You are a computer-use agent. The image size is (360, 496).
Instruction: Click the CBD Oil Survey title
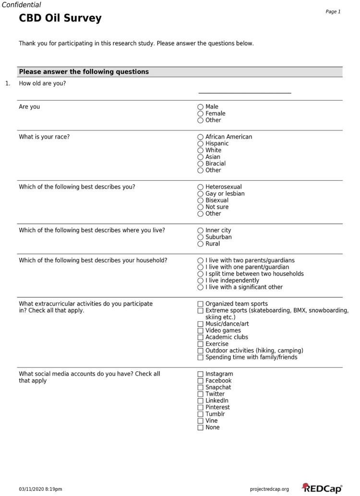coord(60,19)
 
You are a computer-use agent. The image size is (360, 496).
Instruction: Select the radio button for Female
coord(201,114)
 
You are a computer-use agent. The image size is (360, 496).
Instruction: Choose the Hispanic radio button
coord(201,143)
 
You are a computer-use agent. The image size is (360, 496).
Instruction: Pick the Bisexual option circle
coord(201,201)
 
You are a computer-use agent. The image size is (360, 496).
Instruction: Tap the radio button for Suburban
coord(201,237)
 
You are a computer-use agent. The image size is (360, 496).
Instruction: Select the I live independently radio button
coord(201,281)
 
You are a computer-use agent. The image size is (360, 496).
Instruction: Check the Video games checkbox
coord(201,331)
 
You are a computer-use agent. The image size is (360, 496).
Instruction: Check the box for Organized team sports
coord(201,304)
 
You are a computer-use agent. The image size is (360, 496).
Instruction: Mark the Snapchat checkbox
coord(201,388)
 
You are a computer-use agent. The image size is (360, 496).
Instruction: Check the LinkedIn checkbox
coord(201,401)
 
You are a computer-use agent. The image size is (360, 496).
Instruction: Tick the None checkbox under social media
coord(201,427)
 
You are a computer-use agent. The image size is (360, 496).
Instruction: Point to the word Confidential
coord(22,5)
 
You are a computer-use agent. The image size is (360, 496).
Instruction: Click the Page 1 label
coord(333,12)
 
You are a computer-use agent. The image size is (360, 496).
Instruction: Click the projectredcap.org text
coord(269,489)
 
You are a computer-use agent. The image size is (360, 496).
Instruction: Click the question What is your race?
coord(44,137)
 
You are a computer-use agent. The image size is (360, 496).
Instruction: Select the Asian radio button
coord(201,157)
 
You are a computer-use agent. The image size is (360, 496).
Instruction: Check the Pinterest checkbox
coord(201,408)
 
